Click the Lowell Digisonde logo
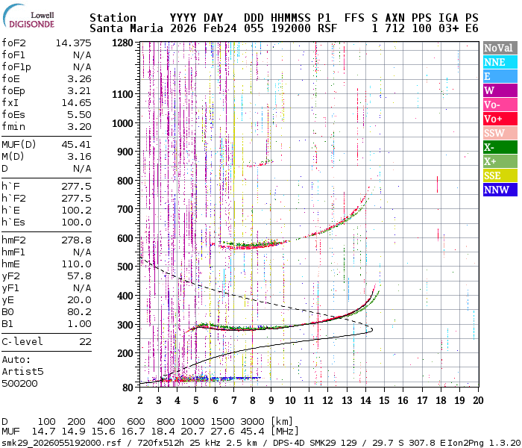[x=28, y=19]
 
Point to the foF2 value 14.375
[x=73, y=43]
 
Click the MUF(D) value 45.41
[x=76, y=144]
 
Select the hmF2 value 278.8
[x=76, y=240]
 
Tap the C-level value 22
[x=85, y=341]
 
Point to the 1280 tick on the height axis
[x=122, y=43]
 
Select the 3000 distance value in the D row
[x=254, y=422]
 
